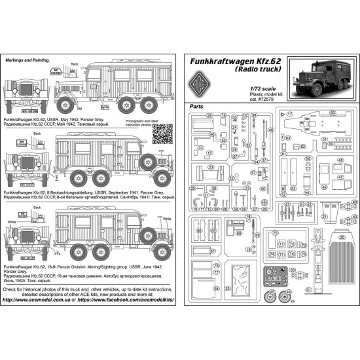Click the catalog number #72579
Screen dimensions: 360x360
coord(270,99)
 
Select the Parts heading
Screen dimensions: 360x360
coord(196,106)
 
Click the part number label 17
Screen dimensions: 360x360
coord(289,113)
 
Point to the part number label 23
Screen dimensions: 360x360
coord(211,166)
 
